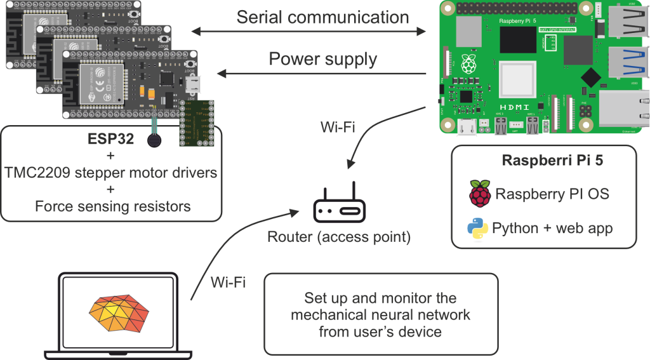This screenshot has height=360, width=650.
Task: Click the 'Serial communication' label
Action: click(322, 17)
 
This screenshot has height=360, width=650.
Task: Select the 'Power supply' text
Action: click(322, 60)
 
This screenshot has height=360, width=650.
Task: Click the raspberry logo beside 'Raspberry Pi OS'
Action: click(479, 194)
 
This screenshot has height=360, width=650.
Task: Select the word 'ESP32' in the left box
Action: click(112, 139)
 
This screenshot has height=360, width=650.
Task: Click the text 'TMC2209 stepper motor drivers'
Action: click(112, 172)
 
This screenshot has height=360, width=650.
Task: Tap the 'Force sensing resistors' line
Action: click(112, 206)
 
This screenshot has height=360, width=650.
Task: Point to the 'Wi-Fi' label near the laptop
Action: click(227, 282)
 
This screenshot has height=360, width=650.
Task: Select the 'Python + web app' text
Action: click(552, 229)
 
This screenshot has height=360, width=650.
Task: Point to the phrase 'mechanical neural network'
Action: click(380, 314)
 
